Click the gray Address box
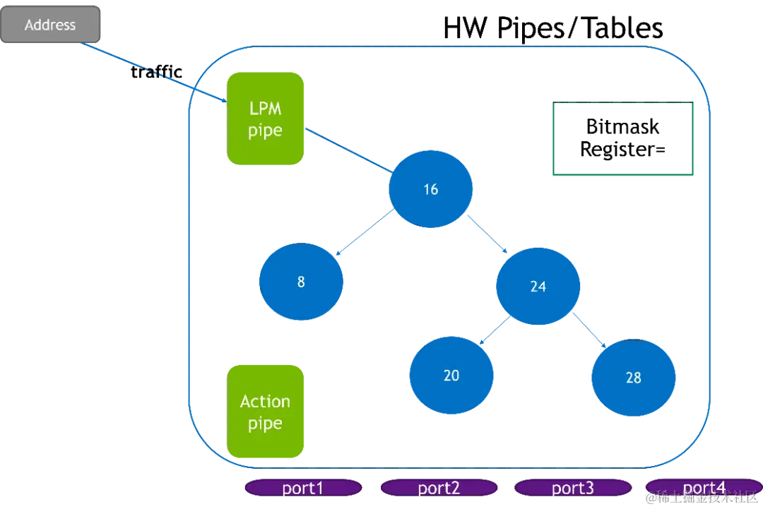(x=50, y=25)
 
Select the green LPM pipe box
(x=265, y=119)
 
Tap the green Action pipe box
(x=265, y=412)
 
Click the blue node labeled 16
(x=430, y=189)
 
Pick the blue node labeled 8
(x=301, y=282)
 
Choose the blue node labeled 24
(x=538, y=286)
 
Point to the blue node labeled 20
(x=451, y=375)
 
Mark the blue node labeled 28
(x=634, y=377)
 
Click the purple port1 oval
(x=302, y=488)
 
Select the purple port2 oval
(x=438, y=488)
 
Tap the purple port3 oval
(x=573, y=488)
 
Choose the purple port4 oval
(x=703, y=487)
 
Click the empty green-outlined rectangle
(x=622, y=138)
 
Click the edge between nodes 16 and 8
(x=365, y=234)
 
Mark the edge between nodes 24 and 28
(x=589, y=330)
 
